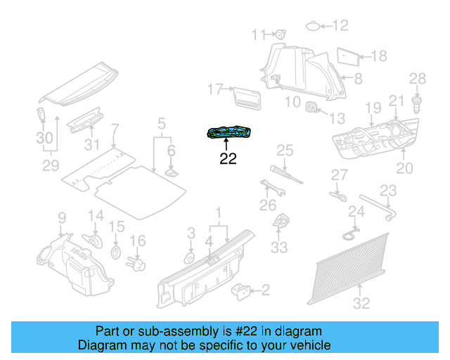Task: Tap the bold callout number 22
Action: point(228,159)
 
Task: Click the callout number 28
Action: point(418,78)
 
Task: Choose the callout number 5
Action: point(162,124)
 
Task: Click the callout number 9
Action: point(61,217)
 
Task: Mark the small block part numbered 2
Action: point(243,290)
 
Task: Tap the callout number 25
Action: point(284,150)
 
